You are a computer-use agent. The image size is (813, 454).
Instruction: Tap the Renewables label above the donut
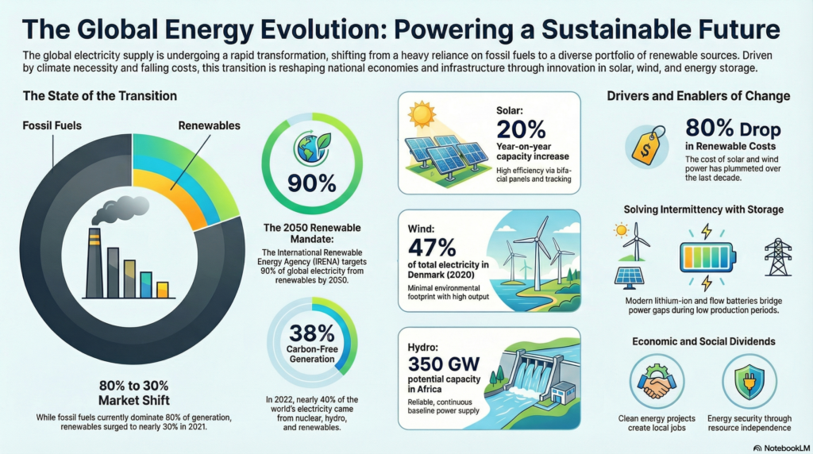(209, 125)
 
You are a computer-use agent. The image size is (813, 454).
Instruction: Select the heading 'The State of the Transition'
(99, 96)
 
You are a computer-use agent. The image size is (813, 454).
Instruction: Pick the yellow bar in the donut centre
(163, 289)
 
